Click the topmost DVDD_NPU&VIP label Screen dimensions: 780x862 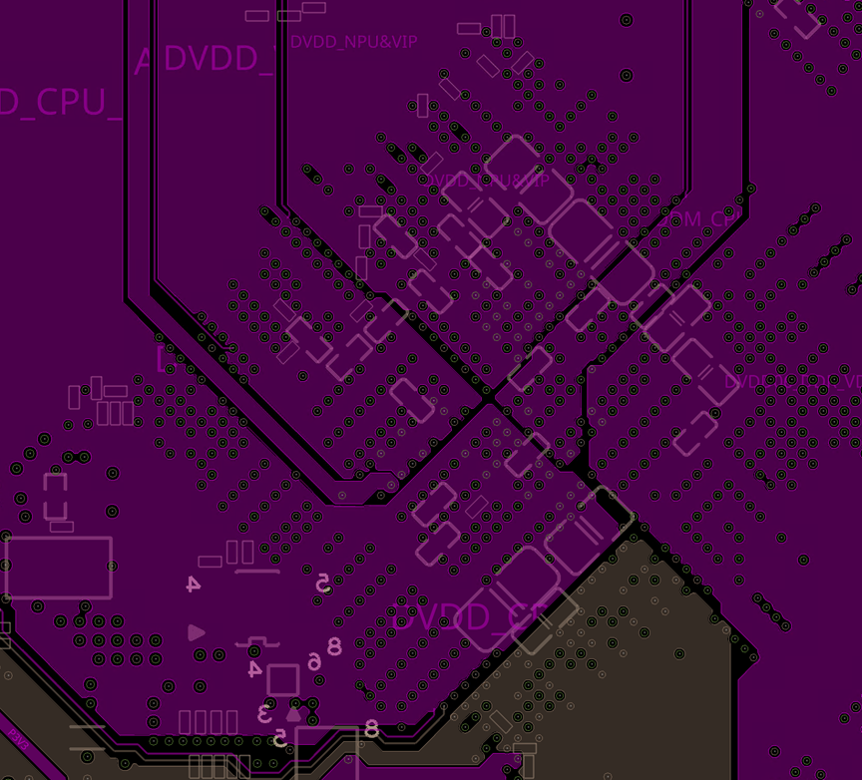[x=353, y=42]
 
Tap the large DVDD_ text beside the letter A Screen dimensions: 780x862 [x=216, y=59]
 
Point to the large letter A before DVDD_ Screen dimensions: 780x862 [x=145, y=62]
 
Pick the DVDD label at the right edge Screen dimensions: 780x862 [x=792, y=381]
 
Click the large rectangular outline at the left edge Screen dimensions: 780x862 [x=59, y=568]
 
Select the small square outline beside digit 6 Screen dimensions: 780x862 [x=283, y=680]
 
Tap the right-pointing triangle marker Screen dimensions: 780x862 [x=197, y=632]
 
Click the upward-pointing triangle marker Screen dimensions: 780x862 [x=293, y=712]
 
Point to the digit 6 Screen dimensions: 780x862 [x=314, y=661]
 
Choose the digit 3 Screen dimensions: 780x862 [x=265, y=713]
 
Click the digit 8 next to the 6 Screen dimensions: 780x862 [x=334, y=646]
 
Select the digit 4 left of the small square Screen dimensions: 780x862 [x=254, y=668]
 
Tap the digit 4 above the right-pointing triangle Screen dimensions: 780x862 [x=194, y=585]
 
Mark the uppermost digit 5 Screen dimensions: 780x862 [x=322, y=583]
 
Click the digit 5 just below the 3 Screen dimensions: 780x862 [x=280, y=737]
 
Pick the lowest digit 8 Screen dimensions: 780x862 [x=371, y=729]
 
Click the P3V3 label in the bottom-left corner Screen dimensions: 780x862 [x=18, y=739]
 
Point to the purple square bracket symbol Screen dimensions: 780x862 [x=160, y=358]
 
